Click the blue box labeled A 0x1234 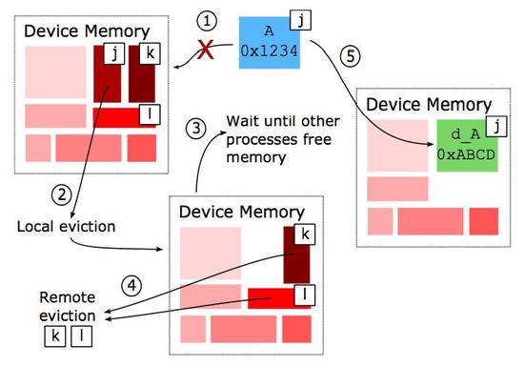click(x=272, y=41)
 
